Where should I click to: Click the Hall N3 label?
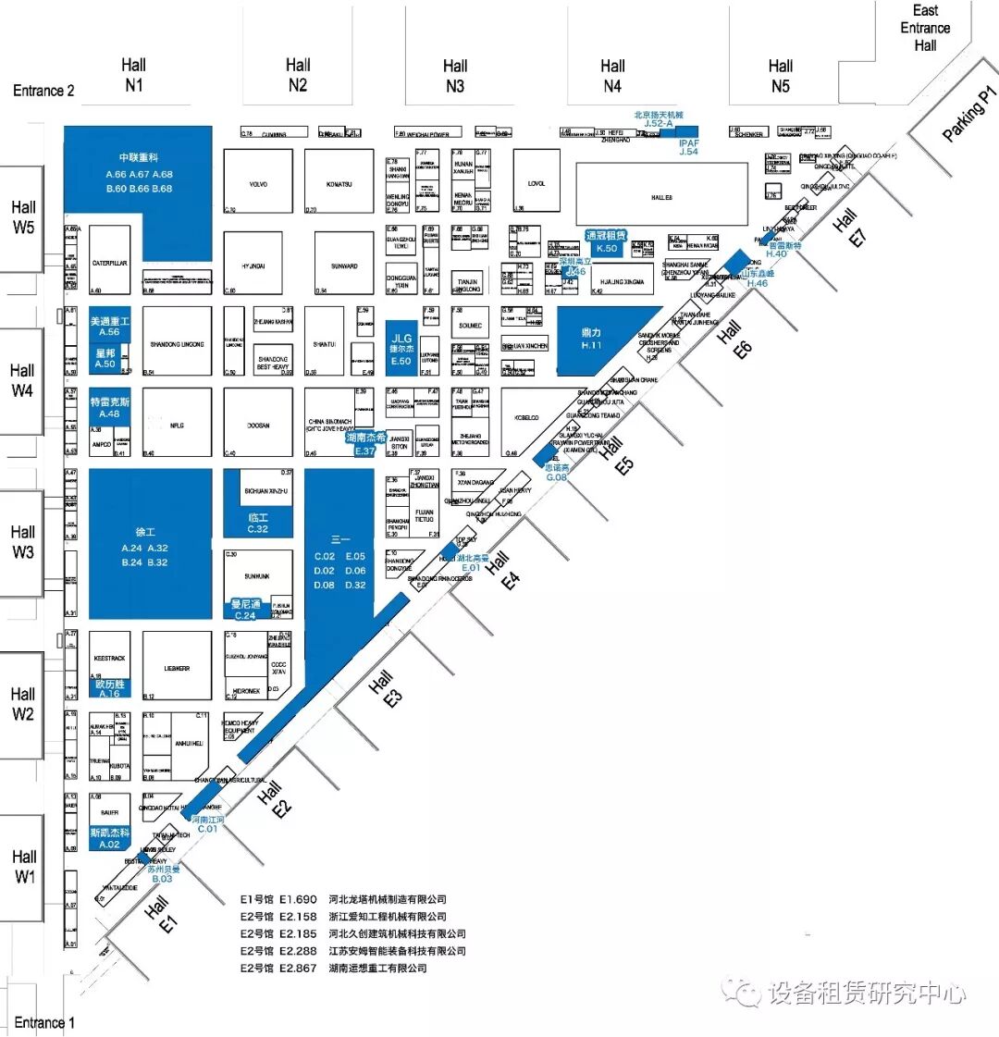tap(455, 76)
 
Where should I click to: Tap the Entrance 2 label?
tap(43, 91)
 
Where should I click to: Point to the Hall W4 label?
tap(22, 380)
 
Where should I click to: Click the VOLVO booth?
tap(258, 184)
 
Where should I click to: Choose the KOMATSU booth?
tap(339, 184)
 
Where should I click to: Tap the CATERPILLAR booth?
tap(110, 264)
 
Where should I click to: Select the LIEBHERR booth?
tap(177, 667)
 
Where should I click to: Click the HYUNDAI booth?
tap(253, 265)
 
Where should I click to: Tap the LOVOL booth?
tap(536, 184)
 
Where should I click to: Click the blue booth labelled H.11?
tap(592, 339)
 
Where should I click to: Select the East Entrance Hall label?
tap(925, 28)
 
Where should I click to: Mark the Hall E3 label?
tap(386, 689)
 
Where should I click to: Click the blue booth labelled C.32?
tap(258, 524)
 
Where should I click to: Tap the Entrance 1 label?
tap(43, 1022)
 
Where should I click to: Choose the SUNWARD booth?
tap(344, 265)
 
